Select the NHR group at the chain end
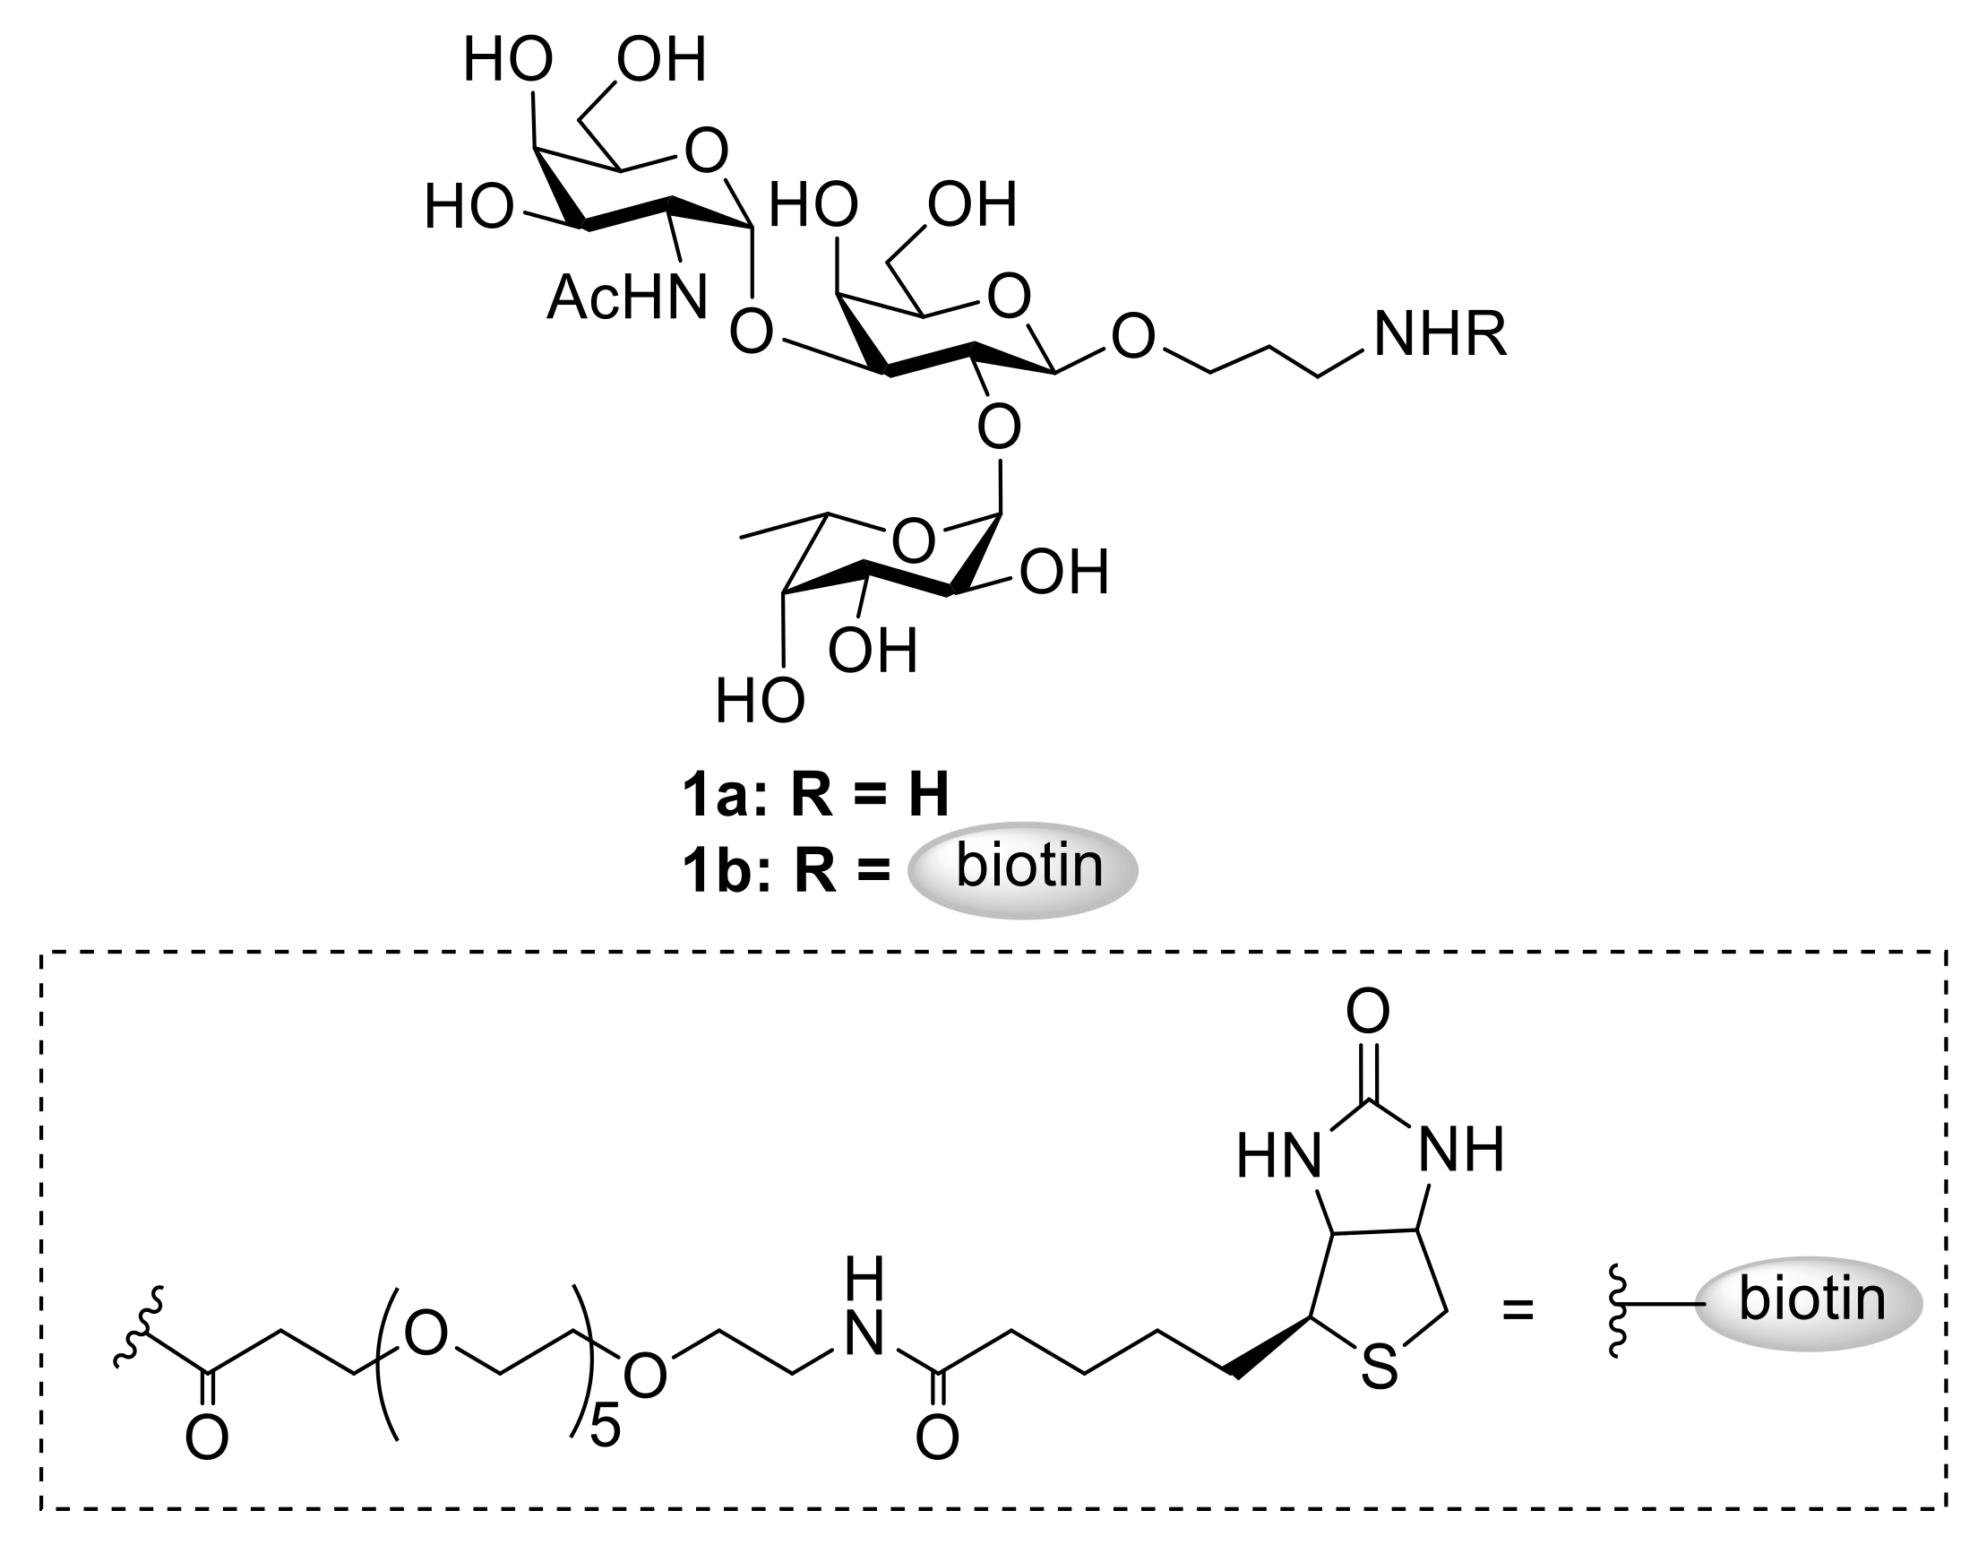pos(1440,334)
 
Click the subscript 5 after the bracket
pos(605,1428)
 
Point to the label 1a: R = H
pos(816,795)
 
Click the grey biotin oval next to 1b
pos(1023,869)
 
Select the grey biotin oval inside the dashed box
pos(1808,1303)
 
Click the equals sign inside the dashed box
pos(1518,1309)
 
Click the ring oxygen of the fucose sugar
pos(913,541)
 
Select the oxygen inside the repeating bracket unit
pos(426,1334)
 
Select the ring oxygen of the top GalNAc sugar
pos(707,151)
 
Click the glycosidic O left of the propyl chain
pos(1133,336)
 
